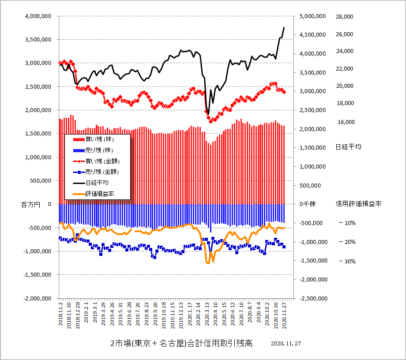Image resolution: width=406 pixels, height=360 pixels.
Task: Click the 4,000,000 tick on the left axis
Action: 36,16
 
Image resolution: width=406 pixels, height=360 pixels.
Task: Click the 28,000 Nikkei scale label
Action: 345,16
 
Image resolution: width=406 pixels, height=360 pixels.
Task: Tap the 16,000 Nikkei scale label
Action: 346,122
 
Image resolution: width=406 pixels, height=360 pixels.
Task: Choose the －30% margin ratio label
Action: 347,261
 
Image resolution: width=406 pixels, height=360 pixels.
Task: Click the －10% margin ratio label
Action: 347,223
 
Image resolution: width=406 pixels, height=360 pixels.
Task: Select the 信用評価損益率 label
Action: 358,204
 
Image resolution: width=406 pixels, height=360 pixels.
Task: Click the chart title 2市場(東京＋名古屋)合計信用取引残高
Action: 181,344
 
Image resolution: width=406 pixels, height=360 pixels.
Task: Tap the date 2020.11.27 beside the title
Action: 286,344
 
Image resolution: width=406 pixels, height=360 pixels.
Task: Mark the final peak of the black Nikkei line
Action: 284,27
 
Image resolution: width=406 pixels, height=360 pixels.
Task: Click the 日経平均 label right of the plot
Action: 348,147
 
